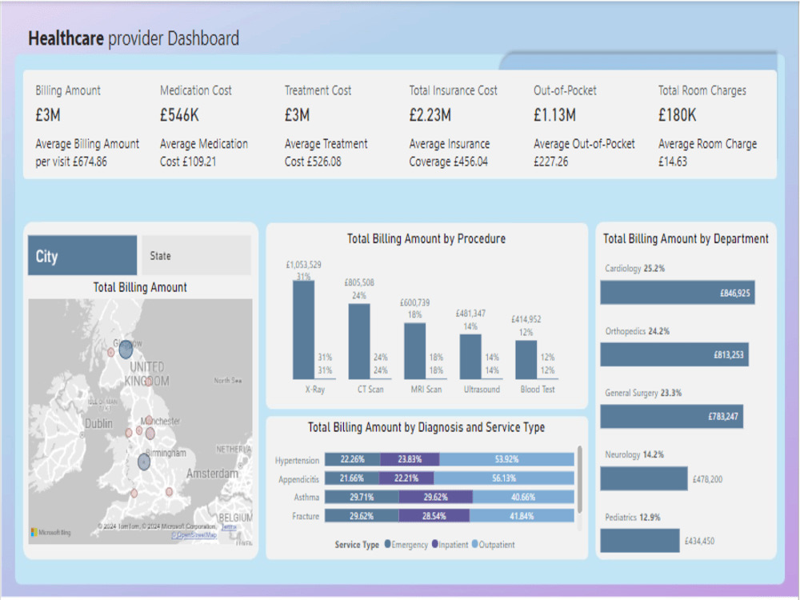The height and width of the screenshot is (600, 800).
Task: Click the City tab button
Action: [82, 256]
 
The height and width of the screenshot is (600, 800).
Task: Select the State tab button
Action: [195, 256]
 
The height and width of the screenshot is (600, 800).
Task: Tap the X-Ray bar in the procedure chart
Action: [303, 330]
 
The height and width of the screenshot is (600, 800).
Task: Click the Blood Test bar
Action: [526, 360]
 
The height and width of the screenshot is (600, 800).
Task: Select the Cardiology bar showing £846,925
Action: [677, 293]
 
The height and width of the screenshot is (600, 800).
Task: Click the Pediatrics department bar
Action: [639, 541]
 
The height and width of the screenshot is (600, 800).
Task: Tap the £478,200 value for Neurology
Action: [705, 479]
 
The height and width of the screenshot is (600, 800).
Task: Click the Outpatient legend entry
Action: [492, 545]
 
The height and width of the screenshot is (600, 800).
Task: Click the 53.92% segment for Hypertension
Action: [506, 460]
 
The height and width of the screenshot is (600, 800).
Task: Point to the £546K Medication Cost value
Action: [179, 115]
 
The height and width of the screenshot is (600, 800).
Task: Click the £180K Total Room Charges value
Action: [677, 115]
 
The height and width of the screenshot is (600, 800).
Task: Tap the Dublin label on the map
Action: [99, 423]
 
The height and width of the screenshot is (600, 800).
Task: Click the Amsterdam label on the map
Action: [211, 474]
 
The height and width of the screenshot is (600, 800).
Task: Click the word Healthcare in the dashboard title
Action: [66, 38]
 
